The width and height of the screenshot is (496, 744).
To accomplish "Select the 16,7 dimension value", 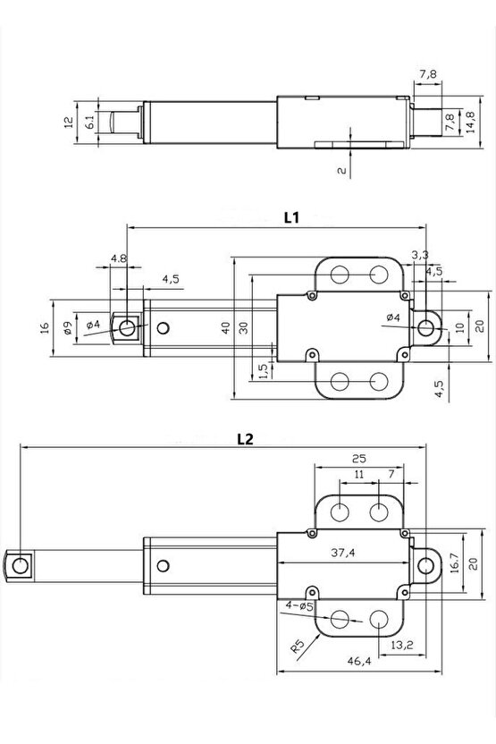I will coord(454,562).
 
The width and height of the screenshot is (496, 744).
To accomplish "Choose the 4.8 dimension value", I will coord(118,259).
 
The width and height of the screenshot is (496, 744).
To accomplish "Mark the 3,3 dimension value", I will coord(420,256).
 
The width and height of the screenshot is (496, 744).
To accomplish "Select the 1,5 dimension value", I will coord(261,369).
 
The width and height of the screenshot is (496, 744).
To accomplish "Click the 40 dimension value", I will coord(227,328).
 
